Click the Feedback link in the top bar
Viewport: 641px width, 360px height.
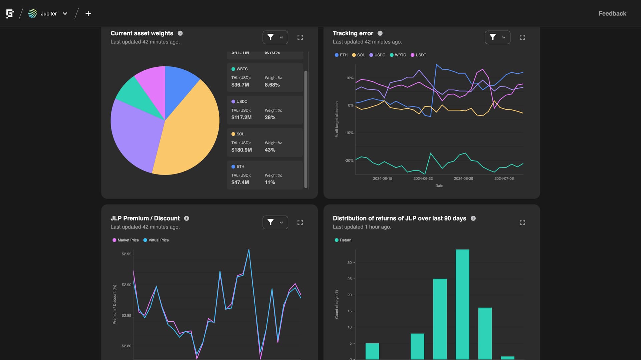[x=612, y=14]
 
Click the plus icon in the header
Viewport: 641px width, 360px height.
[x=88, y=14]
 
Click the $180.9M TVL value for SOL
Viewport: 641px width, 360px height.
[x=241, y=150]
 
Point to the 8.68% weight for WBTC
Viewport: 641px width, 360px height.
[x=272, y=85]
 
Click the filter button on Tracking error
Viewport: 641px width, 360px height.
[x=497, y=37]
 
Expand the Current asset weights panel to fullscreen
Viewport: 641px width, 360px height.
[x=300, y=37]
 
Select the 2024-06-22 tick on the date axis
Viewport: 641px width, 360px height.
[x=423, y=178]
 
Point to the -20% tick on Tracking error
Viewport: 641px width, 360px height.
[x=349, y=160]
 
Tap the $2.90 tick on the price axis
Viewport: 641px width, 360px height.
[x=127, y=285]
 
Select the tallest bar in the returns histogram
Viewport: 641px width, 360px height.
[x=462, y=304]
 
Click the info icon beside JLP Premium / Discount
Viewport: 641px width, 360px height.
[x=187, y=218]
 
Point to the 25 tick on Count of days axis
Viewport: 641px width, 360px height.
[x=350, y=279]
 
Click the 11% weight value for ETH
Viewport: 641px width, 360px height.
[x=270, y=183]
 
